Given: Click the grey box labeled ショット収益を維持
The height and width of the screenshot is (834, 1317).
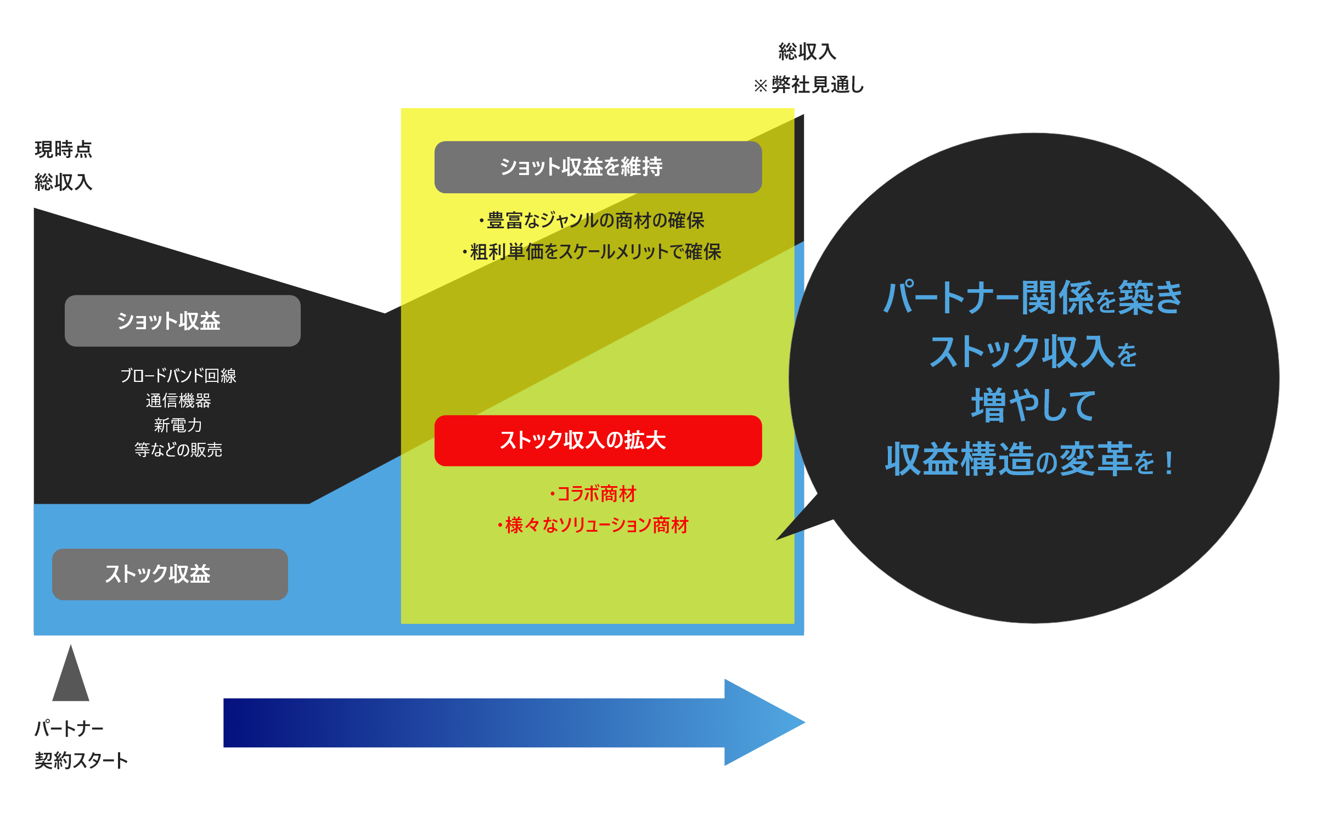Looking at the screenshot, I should (598, 167).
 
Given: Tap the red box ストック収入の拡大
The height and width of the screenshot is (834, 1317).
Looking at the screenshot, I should (598, 441).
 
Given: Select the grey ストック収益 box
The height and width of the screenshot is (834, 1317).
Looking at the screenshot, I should (170, 574).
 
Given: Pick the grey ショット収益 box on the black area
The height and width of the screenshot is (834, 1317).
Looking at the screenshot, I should (182, 321).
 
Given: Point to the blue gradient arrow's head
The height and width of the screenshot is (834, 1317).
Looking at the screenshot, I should (763, 722).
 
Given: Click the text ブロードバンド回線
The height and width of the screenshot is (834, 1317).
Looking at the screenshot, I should (178, 376).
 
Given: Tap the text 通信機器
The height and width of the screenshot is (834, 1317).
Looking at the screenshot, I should (178, 401).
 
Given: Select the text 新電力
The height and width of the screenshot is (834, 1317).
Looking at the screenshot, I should (178, 425).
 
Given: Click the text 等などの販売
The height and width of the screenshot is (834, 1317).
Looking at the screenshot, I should (178, 450).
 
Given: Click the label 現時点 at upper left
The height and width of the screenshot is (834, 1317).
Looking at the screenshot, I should (63, 149).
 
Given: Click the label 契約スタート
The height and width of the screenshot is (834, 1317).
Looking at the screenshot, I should (81, 760).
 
